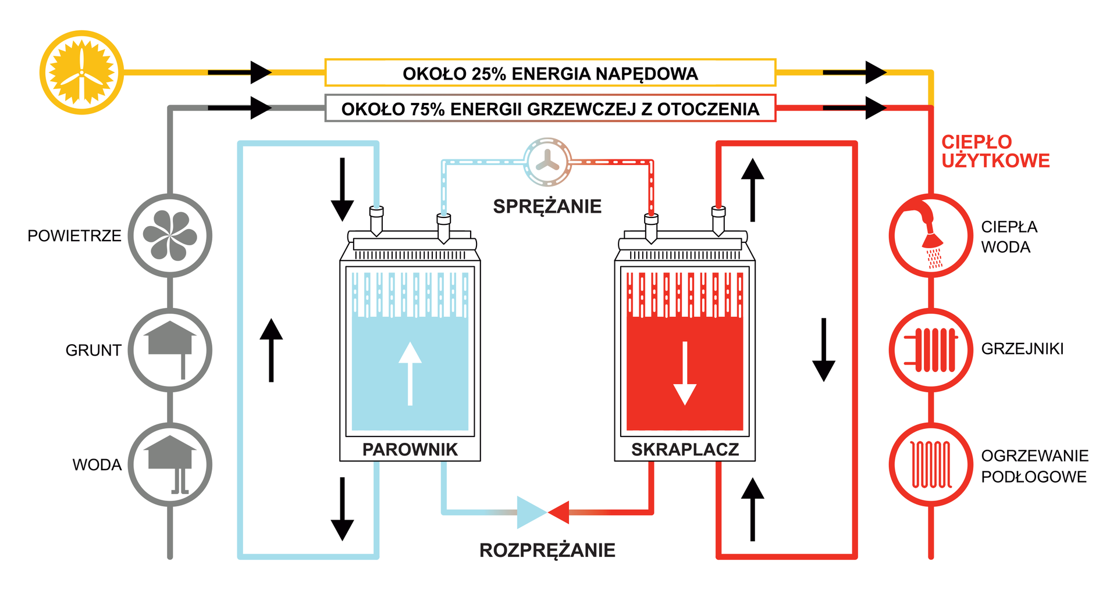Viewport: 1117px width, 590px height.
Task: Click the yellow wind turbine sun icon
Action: pyautogui.click(x=81, y=73)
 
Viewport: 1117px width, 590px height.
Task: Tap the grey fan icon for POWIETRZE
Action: pyautogui.click(x=170, y=235)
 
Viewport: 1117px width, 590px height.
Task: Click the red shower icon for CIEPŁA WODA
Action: pyautogui.click(x=931, y=235)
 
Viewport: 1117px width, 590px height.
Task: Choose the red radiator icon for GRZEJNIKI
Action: pyautogui.click(x=931, y=350)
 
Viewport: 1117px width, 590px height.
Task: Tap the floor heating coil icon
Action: pyautogui.click(x=931, y=464)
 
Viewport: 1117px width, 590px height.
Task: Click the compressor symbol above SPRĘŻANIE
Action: pyautogui.click(x=547, y=162)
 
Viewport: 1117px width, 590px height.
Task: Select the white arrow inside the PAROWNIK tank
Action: pyautogui.click(x=410, y=372)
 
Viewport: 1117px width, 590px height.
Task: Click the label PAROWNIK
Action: pyautogui.click(x=410, y=449)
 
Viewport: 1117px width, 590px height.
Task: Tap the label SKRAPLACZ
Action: pyautogui.click(x=685, y=449)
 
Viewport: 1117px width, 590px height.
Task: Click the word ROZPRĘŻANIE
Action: pyautogui.click(x=547, y=550)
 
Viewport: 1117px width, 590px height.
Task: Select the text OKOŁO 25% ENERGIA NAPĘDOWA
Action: pyautogui.click(x=550, y=74)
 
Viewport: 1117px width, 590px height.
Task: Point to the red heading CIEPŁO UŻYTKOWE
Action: pyautogui.click(x=995, y=151)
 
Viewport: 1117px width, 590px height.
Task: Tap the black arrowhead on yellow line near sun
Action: pyautogui.click(x=261, y=73)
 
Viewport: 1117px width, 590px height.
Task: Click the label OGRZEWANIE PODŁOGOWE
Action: pyautogui.click(x=1034, y=466)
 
